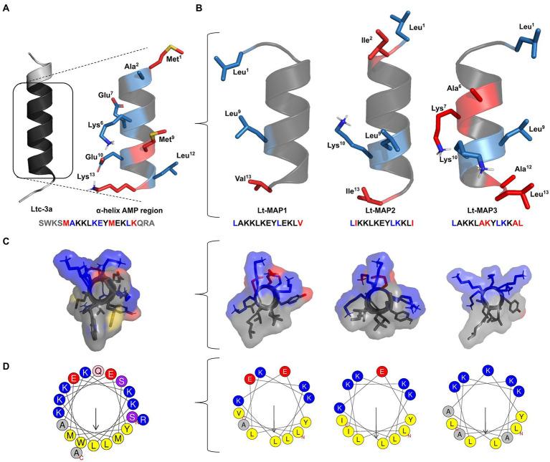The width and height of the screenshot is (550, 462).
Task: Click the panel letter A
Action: pyautogui.click(x=7, y=6)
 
